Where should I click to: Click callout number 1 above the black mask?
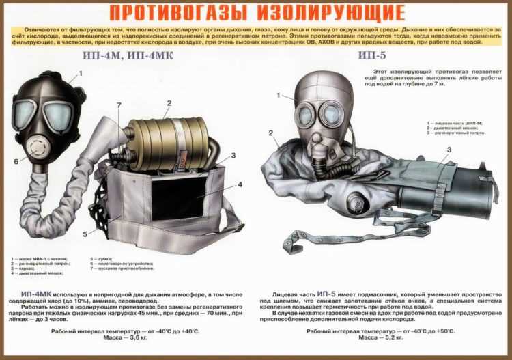pyautogui.click(x=80, y=73)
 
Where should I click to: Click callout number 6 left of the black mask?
pyautogui.click(x=16, y=162)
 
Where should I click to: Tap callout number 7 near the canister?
pyautogui.click(x=119, y=105)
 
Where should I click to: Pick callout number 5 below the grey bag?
pyautogui.click(x=85, y=234)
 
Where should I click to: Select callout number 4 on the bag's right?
pyautogui.click(x=240, y=184)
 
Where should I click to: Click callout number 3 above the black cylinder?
pyautogui.click(x=449, y=150)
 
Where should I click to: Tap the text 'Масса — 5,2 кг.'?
pyautogui.click(x=380, y=337)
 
